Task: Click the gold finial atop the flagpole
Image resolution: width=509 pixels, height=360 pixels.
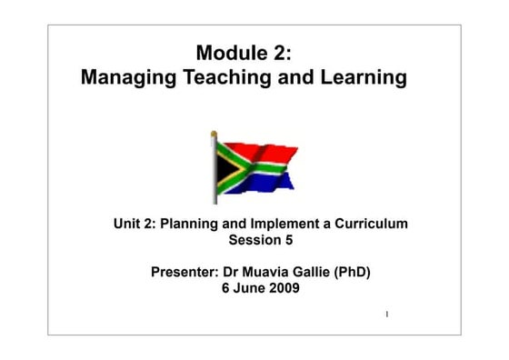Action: point(215,135)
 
